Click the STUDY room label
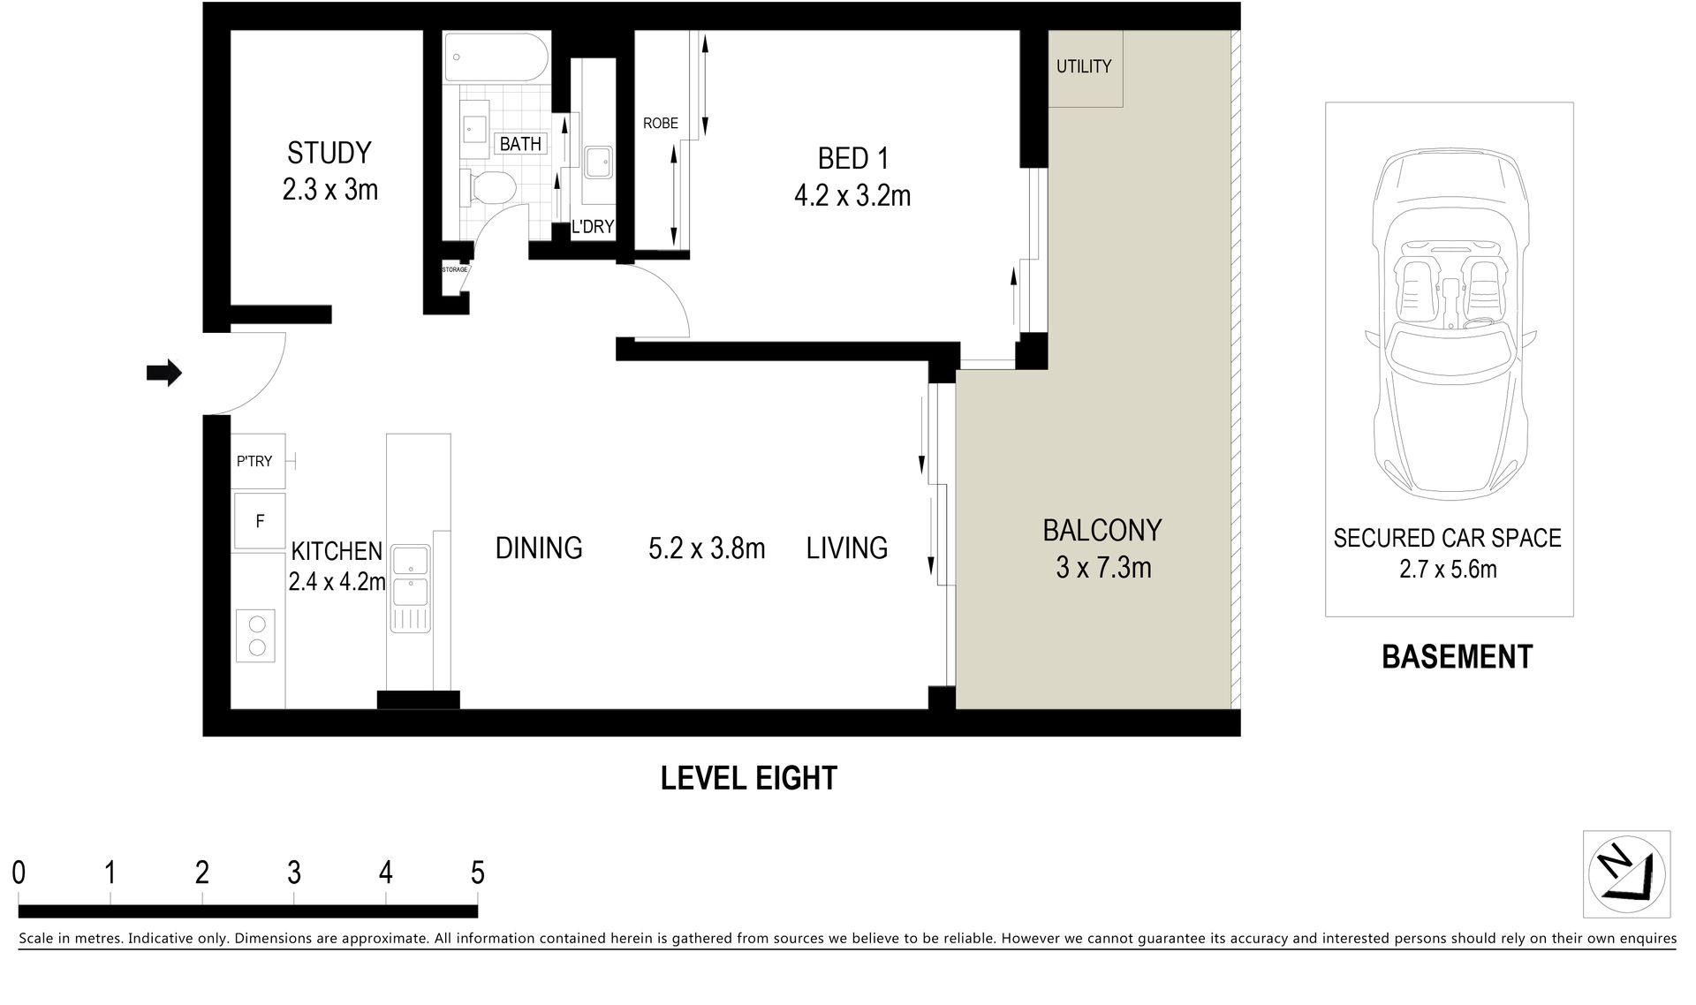pos(329,153)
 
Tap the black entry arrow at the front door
pos(163,374)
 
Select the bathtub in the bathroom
pos(496,59)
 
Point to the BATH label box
pos(520,144)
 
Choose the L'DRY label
pos(592,227)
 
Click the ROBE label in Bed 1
pos(661,124)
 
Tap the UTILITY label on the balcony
pos(1084,66)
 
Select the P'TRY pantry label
pos(254,461)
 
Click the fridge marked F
pos(259,521)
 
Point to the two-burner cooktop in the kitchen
pos(257,636)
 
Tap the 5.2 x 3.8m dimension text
pos(707,548)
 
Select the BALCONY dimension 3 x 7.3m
pos(1103,567)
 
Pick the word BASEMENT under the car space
pos(1457,657)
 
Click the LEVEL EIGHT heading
pos(749,778)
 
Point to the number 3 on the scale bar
pos(294,873)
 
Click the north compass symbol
pos(1626,874)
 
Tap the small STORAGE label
pos(454,269)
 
